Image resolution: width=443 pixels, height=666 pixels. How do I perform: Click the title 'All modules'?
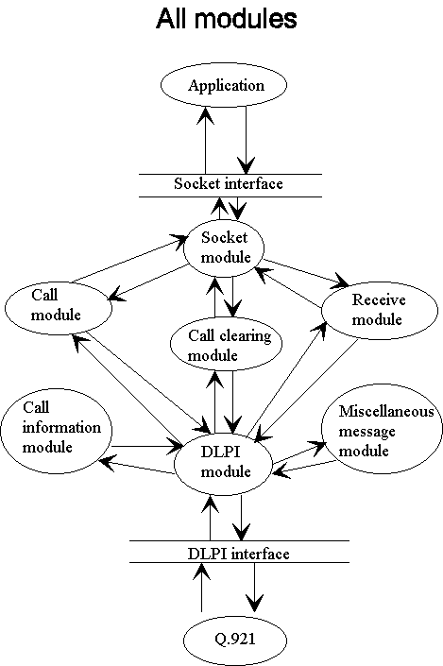(x=227, y=19)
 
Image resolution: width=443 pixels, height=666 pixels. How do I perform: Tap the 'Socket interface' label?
(x=229, y=184)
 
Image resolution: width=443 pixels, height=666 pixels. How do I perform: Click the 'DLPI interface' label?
(x=239, y=554)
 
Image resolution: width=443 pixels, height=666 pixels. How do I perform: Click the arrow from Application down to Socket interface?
(x=247, y=140)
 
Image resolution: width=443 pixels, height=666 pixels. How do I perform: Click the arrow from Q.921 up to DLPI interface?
(x=201, y=587)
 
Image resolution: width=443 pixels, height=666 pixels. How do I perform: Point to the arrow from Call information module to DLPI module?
(x=147, y=447)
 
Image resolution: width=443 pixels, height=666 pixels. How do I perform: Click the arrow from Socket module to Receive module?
(x=306, y=273)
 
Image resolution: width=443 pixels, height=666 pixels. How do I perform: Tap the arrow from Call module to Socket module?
(x=130, y=259)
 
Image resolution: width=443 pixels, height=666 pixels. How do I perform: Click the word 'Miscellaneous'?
(x=386, y=411)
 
